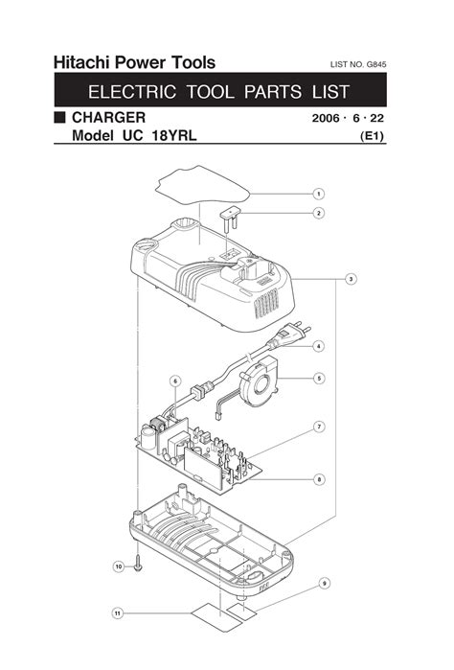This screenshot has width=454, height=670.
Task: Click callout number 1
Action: point(319,194)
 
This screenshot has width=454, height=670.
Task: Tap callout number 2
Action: point(319,213)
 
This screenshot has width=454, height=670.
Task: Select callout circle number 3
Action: point(351,280)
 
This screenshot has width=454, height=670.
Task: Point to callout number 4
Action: point(319,346)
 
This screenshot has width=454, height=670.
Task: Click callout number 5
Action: point(319,379)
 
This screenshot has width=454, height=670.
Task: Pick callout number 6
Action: point(175,381)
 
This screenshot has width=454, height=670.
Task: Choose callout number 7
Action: point(319,427)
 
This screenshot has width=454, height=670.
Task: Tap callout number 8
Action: point(319,479)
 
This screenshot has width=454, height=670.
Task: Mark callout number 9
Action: point(325,584)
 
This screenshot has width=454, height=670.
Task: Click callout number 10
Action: point(119,566)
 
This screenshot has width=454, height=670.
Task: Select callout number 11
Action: point(118,613)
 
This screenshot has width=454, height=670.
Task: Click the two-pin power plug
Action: point(289,335)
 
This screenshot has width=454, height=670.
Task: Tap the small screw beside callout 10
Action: point(138,564)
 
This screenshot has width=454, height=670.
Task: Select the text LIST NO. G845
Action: point(358,65)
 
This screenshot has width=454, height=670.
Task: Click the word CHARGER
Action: point(108,118)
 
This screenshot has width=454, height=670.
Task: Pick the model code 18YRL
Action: point(174,136)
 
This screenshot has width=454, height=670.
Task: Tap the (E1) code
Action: point(373,136)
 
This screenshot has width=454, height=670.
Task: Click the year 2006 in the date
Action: point(326,118)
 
